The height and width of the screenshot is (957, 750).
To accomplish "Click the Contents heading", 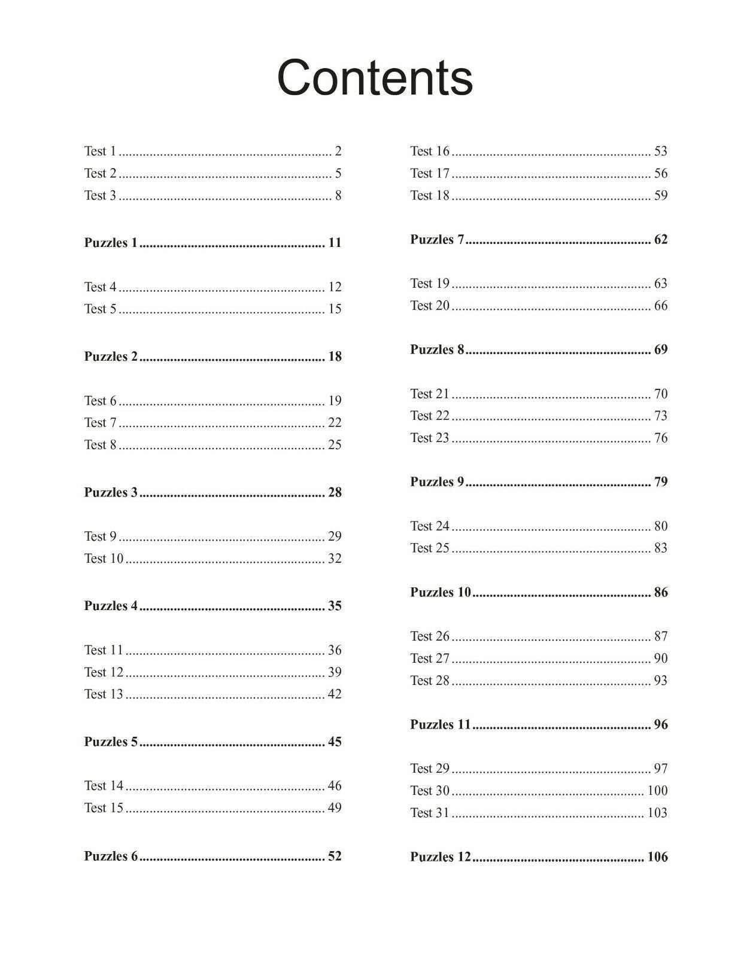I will (x=375, y=78).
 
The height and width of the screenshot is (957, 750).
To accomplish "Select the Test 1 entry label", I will (x=100, y=151).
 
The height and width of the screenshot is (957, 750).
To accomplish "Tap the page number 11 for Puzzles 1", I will (x=335, y=243).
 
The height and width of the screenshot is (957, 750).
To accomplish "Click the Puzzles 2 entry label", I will (x=111, y=356).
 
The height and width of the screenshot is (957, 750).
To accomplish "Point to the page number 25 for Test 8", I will (x=335, y=445).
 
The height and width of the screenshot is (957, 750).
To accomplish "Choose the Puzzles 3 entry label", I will (x=111, y=493).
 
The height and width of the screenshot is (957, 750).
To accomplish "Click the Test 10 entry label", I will (x=104, y=559).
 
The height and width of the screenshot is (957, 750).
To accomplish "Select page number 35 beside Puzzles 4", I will (x=335, y=606).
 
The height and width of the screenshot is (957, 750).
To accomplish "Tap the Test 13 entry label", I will (x=104, y=694).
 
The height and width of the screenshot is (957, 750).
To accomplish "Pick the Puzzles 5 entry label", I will (x=111, y=742).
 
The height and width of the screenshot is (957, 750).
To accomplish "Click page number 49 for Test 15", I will (x=335, y=808).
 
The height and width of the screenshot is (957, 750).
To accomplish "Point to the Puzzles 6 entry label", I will (x=111, y=857).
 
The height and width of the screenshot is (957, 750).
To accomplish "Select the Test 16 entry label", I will (x=430, y=151).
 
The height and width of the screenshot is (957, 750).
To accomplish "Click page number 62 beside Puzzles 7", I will (x=661, y=240).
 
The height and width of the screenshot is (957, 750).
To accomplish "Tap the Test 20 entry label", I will (x=430, y=306).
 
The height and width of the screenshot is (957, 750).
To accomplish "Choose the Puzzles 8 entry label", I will (x=437, y=350).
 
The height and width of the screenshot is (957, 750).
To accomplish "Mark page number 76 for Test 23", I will (x=661, y=438).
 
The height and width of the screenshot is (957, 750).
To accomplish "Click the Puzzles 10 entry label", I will (x=441, y=593).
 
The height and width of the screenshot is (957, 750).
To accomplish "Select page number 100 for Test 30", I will (x=657, y=791).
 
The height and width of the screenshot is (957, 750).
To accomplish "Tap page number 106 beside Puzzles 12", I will (x=657, y=857).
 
